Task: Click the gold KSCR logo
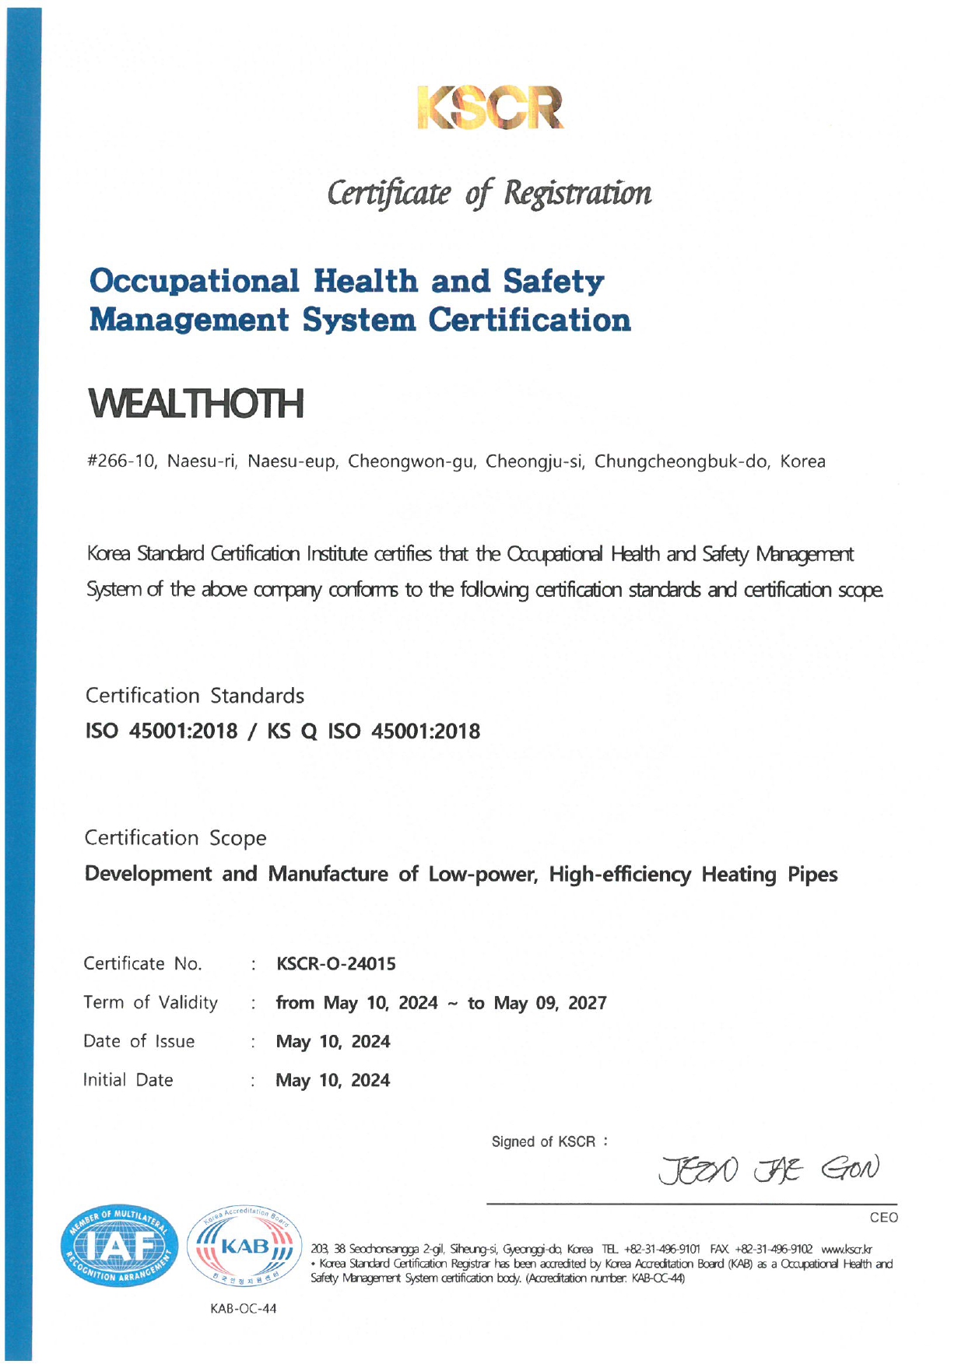tap(490, 107)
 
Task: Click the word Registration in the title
tap(577, 193)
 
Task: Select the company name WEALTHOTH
tap(196, 403)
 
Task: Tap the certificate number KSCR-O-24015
tap(335, 964)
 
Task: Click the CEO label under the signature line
tap(883, 1218)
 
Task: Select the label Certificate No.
tap(142, 964)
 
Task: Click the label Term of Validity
tap(150, 1002)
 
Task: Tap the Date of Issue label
tap(139, 1041)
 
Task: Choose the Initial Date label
tap(128, 1080)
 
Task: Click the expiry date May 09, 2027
tap(549, 1003)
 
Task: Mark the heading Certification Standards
tap(195, 696)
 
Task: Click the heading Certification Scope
tap(175, 838)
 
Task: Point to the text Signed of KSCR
tap(543, 1141)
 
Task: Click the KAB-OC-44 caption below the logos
tap(243, 1309)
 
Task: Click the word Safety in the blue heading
tap(553, 282)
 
